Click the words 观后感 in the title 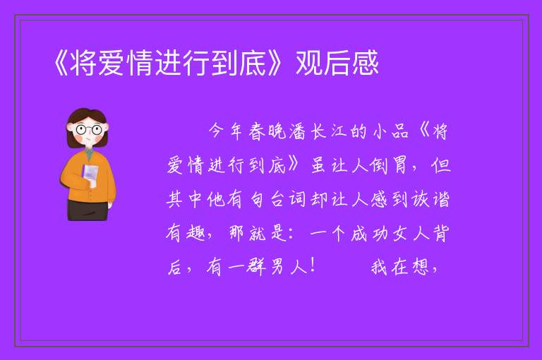pyautogui.click(x=337, y=63)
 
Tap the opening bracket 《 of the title pyautogui.click(x=61, y=63)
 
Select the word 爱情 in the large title pyautogui.click(x=112, y=63)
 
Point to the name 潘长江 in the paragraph pyautogui.click(x=311, y=132)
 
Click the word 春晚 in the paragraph pyautogui.click(x=268, y=132)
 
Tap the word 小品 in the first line pyautogui.click(x=391, y=132)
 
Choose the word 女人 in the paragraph pyautogui.click(x=410, y=233)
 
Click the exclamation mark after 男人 pyautogui.click(x=313, y=266)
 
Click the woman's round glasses pyautogui.click(x=88, y=130)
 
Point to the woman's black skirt pyautogui.click(x=88, y=210)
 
